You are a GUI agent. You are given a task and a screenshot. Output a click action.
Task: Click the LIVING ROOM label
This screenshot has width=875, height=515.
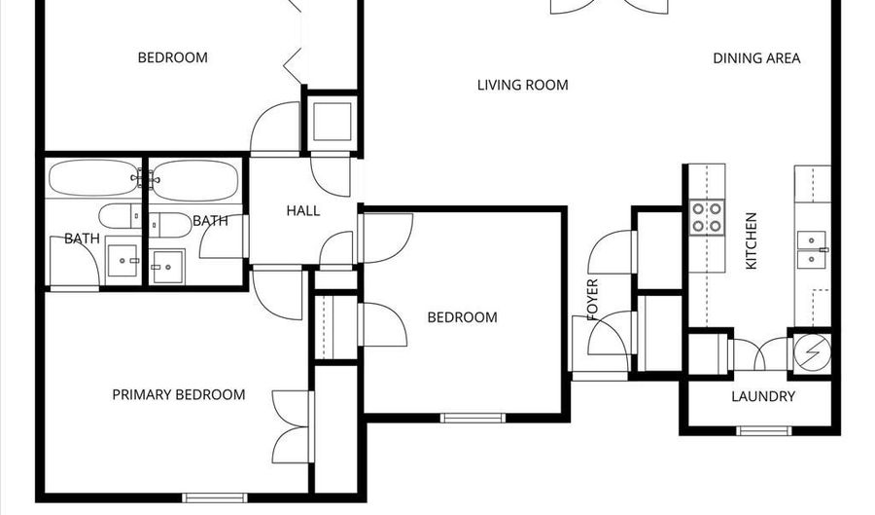(x=522, y=85)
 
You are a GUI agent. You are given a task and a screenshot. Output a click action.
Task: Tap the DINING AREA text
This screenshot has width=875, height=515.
(x=756, y=58)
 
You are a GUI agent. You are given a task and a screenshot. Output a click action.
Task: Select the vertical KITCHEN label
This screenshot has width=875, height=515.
(x=751, y=241)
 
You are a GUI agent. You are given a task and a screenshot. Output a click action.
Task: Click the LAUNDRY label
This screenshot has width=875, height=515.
(x=763, y=396)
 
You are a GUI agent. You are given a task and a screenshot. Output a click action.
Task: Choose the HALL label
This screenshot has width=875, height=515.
(x=302, y=211)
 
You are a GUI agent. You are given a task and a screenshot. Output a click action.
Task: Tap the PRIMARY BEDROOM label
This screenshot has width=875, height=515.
(x=178, y=394)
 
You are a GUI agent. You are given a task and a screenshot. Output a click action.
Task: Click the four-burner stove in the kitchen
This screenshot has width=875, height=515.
(x=707, y=218)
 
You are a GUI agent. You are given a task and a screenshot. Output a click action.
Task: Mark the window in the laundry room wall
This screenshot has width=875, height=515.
(x=764, y=430)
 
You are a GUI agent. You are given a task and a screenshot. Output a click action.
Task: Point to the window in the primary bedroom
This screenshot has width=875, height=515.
(x=214, y=497)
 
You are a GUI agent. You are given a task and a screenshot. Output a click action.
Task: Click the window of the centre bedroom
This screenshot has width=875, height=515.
(x=472, y=419)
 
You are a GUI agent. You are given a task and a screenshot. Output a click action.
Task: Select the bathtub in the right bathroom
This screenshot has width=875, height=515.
(x=194, y=180)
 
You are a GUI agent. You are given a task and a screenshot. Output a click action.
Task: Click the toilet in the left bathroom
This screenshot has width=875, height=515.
(x=120, y=216)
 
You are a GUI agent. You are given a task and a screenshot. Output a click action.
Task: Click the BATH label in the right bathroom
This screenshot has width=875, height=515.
(x=210, y=221)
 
